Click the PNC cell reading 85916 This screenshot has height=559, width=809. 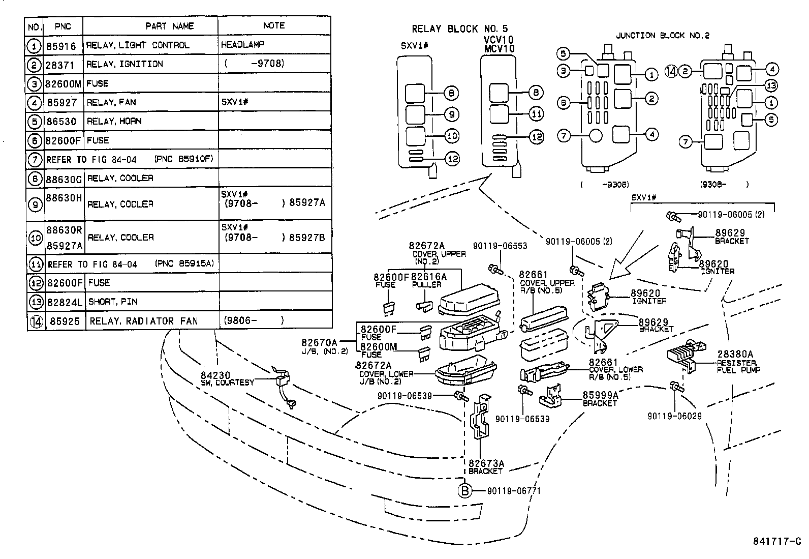61,46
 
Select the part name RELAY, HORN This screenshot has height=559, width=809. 114,122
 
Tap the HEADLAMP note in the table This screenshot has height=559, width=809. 242,45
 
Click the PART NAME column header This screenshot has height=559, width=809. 169,26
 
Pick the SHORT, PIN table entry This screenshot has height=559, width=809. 113,302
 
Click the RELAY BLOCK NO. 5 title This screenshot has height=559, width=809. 459,29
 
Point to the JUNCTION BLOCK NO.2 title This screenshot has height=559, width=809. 662,36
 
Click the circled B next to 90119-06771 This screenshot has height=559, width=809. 464,491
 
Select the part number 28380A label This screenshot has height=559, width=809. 735,354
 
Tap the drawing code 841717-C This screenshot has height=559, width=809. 776,541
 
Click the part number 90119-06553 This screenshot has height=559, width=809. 500,246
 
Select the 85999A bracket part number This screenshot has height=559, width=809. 600,395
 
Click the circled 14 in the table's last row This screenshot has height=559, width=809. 36,321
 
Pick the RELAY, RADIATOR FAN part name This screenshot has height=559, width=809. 143,321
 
